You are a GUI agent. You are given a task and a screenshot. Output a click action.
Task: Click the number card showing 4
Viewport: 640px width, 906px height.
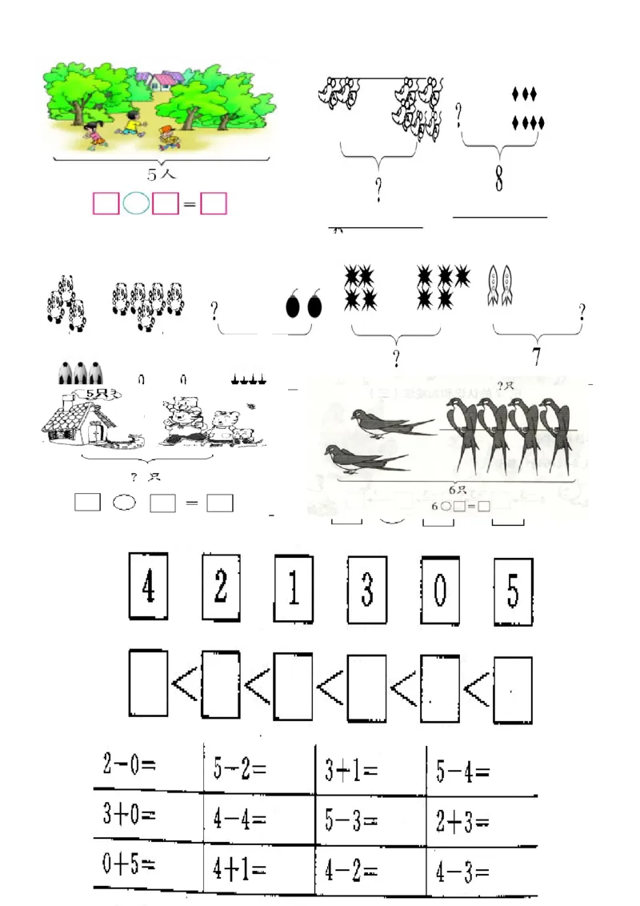click(148, 588)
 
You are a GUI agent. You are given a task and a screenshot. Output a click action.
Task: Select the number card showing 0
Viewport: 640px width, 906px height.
click(440, 591)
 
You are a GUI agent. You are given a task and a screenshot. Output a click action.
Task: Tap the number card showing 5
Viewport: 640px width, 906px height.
click(513, 591)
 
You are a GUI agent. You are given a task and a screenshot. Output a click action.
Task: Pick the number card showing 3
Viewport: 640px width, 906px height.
click(367, 590)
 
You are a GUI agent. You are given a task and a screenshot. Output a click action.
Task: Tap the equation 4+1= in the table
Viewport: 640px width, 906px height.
click(240, 869)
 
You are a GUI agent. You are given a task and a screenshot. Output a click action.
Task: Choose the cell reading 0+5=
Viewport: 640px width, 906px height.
click(129, 864)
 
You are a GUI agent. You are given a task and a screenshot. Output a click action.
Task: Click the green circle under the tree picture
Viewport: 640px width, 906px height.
click(136, 204)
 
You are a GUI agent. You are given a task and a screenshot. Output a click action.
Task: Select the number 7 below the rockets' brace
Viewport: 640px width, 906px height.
click(536, 357)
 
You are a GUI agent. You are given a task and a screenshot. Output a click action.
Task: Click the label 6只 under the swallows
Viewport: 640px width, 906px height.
click(457, 490)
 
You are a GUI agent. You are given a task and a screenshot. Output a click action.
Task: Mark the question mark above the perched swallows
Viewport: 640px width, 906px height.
click(504, 387)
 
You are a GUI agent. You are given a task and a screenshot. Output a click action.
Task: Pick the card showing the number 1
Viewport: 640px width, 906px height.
click(294, 590)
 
